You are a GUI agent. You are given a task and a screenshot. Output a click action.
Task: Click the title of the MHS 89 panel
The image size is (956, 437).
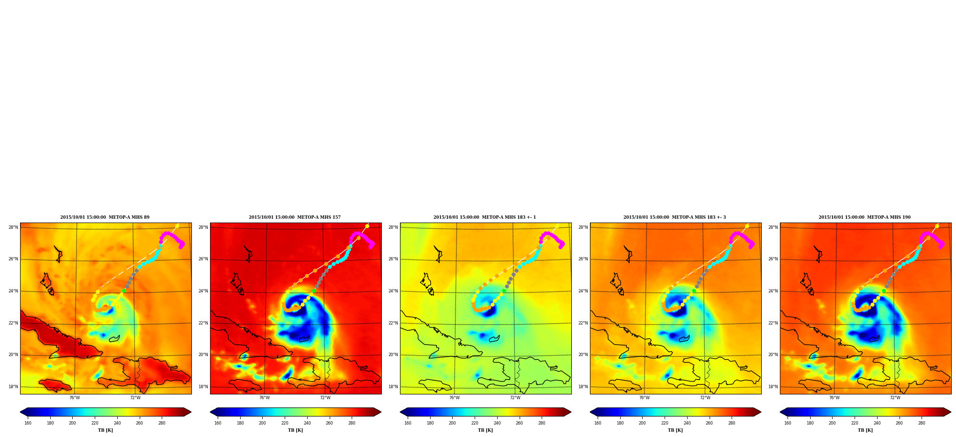coord(105,217)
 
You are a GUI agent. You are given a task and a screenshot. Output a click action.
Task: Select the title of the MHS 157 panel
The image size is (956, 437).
coord(295,217)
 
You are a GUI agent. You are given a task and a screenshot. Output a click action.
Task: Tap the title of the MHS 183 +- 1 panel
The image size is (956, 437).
coord(485,217)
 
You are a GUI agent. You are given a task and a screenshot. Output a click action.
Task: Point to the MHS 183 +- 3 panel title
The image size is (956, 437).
coord(675,217)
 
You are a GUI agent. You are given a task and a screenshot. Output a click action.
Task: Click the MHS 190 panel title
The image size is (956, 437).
coord(865,217)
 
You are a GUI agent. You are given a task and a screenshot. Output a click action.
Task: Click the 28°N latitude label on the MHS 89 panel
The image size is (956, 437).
coord(13,227)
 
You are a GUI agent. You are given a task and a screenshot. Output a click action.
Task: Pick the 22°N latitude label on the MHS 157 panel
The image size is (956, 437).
coord(203,323)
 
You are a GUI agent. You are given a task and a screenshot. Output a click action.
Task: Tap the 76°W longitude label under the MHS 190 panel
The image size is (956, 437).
coord(834,398)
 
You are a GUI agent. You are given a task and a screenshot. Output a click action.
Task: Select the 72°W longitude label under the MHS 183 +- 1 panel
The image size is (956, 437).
coord(515,398)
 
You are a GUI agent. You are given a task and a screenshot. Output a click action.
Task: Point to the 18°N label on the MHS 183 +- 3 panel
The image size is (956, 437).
coord(583,387)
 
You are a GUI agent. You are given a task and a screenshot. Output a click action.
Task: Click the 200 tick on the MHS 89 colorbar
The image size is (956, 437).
coord(72,423)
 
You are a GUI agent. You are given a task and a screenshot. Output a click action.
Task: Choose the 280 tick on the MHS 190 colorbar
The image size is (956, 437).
coord(922,423)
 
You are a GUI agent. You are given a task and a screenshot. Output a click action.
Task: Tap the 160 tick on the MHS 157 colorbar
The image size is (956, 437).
coord(218,423)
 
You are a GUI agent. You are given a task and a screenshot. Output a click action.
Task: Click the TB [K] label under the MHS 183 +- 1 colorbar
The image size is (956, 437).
coord(485,430)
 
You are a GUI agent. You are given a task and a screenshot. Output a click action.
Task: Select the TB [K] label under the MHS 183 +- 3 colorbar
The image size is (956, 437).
coord(675,430)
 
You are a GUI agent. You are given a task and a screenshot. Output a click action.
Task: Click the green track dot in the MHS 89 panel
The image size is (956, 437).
coord(124,291)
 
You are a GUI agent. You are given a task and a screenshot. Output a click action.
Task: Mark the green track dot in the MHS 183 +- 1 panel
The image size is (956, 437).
coord(504,291)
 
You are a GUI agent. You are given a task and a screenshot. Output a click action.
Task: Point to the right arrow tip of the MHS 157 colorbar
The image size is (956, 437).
coord(381,412)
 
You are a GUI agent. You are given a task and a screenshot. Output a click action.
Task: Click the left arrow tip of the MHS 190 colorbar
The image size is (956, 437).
coord(780,412)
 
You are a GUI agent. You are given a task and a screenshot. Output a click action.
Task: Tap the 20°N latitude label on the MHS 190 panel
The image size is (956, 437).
coord(773,355)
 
